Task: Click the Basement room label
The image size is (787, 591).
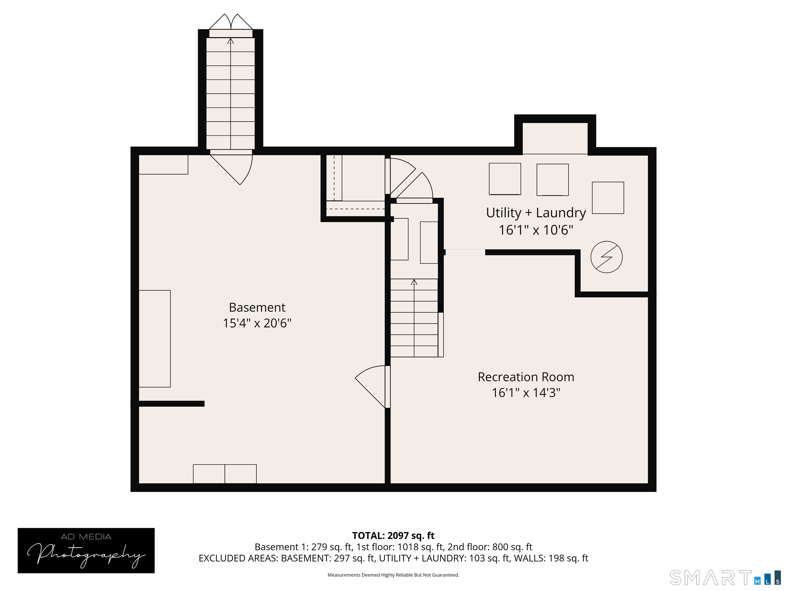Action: tap(257, 307)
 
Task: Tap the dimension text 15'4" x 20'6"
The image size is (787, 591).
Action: tap(257, 323)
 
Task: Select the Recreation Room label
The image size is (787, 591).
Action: tap(525, 377)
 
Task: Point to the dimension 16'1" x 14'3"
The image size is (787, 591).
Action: tap(525, 392)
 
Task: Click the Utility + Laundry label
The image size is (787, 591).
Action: tap(535, 213)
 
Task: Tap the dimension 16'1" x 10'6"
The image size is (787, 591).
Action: tap(535, 230)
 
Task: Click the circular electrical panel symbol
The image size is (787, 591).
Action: tap(606, 257)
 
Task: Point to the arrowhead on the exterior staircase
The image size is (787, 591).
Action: tap(231, 41)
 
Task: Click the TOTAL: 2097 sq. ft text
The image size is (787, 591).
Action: tap(393, 535)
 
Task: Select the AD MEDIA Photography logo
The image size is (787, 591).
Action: tap(86, 550)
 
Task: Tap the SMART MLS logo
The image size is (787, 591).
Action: tap(724, 577)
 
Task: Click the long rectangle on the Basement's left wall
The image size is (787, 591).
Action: tap(154, 338)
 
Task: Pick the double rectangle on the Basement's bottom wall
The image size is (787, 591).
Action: tap(224, 474)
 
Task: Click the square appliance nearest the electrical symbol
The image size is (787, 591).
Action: tap(608, 198)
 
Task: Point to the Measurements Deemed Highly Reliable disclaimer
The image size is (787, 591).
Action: tap(393, 575)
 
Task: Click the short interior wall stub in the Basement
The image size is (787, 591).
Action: tap(171, 403)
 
